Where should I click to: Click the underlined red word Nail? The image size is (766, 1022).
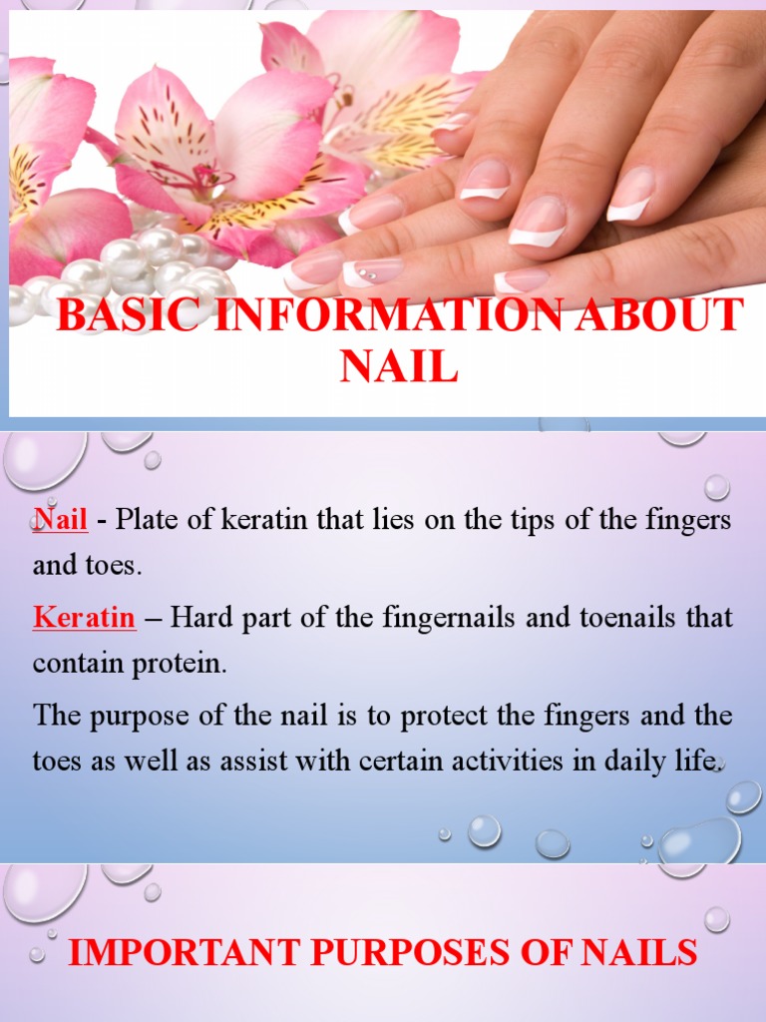click(x=61, y=520)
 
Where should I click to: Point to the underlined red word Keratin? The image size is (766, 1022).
click(x=84, y=618)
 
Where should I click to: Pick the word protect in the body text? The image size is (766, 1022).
click(x=416, y=716)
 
